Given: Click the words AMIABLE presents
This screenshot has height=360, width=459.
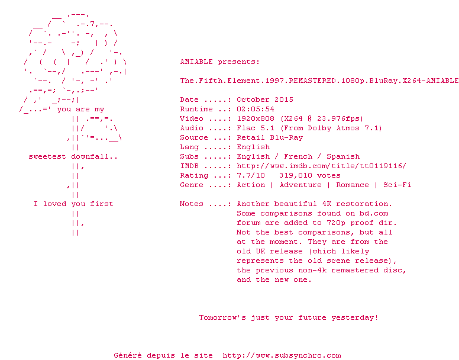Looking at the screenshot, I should [x=219, y=62].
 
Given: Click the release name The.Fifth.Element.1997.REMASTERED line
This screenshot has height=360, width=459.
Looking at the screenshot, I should [x=319, y=81].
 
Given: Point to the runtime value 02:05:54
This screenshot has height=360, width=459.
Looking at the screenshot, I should [x=256, y=109].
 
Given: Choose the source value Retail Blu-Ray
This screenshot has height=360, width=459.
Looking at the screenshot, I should [x=270, y=137].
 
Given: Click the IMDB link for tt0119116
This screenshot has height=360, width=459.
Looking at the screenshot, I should [x=321, y=166].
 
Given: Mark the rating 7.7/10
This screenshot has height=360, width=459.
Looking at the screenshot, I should [x=251, y=175].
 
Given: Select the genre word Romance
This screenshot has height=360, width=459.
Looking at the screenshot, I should [x=353, y=185].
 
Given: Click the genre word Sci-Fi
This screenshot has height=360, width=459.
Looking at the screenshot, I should [x=397, y=185].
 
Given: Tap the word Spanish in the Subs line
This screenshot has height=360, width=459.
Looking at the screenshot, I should [x=343, y=156].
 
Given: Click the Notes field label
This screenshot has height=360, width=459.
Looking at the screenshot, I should [x=194, y=204].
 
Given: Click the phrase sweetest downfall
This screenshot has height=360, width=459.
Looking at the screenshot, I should [x=73, y=156].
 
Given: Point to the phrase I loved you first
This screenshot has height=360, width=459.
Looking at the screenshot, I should [x=73, y=204].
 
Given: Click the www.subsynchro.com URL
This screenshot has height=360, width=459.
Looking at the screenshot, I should [x=282, y=355].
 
